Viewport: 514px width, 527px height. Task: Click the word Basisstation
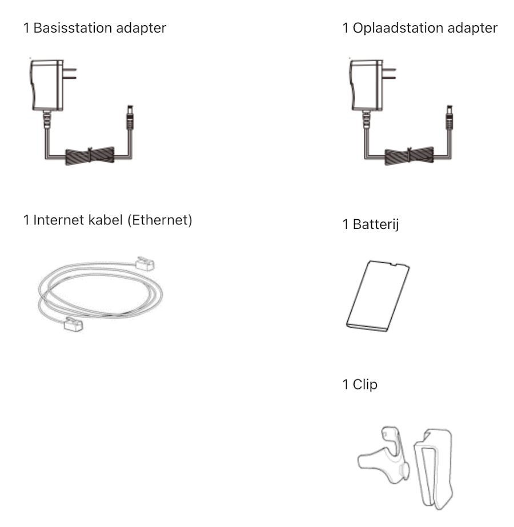[x=72, y=27]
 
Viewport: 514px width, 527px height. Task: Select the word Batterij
[x=375, y=224]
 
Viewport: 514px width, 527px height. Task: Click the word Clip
[x=365, y=384]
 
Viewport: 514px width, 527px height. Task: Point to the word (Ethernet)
[x=160, y=220]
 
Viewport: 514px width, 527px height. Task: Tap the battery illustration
[x=378, y=296]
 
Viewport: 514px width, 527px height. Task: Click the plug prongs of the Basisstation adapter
[x=70, y=74]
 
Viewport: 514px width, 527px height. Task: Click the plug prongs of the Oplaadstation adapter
[x=389, y=74]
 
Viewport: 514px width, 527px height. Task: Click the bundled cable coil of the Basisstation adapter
[x=90, y=156]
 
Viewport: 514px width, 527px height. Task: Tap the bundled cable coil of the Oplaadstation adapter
[x=409, y=156]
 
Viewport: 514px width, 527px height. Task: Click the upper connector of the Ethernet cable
[x=145, y=264]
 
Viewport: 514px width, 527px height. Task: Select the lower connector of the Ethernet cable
[x=74, y=324]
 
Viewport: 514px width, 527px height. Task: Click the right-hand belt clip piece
[x=433, y=469]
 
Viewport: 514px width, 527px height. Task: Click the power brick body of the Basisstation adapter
[x=46, y=86]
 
